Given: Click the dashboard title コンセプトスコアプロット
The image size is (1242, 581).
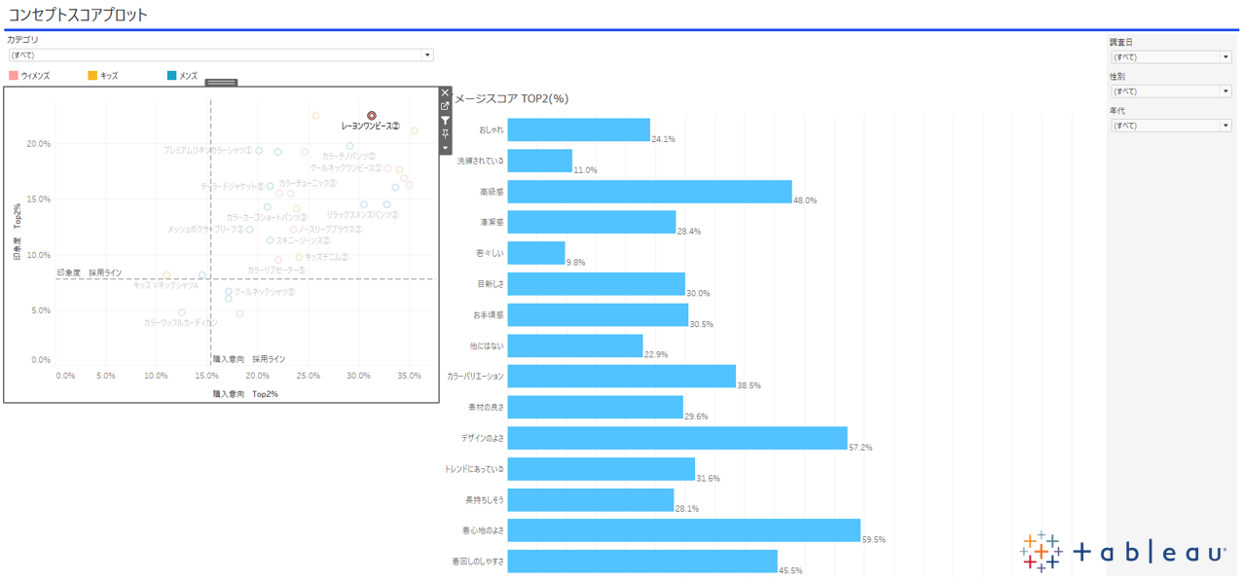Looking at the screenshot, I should click(79, 15).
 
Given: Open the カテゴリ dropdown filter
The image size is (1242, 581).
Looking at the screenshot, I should click(219, 55).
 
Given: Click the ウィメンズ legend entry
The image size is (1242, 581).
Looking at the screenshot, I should click(29, 75).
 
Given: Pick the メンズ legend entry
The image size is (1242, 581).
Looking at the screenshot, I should click(182, 75).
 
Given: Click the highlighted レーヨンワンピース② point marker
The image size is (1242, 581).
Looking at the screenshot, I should click(372, 116).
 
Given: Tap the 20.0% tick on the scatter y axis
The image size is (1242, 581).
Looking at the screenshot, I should click(39, 144).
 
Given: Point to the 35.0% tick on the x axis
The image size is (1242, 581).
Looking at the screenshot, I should click(409, 376).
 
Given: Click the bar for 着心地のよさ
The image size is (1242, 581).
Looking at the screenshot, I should click(683, 530).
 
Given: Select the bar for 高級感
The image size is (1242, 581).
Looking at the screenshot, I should click(649, 192).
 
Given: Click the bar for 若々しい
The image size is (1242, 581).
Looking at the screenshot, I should click(536, 253).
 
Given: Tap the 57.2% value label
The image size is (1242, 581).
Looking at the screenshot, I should click(860, 448).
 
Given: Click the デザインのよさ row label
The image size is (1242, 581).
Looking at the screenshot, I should click(483, 438).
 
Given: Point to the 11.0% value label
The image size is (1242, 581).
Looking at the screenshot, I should click(585, 170).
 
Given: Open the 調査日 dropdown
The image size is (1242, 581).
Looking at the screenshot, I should click(1170, 57).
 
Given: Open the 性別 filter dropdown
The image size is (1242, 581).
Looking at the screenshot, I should click(1170, 91).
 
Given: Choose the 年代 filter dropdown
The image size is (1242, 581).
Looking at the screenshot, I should click(1170, 126).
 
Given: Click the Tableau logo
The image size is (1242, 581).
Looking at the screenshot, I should click(1122, 552).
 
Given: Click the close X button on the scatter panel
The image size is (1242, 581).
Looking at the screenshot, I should click(446, 93).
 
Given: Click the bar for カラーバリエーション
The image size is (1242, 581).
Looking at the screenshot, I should click(621, 377).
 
